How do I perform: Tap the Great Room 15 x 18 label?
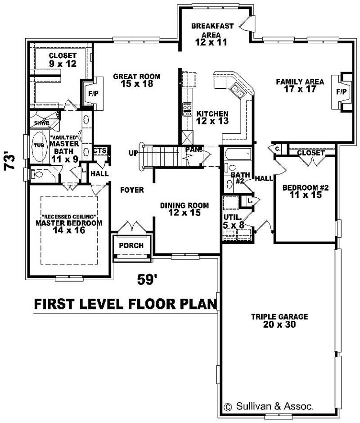coord(136,80)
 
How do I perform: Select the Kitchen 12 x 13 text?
coord(212,118)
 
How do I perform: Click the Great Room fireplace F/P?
coord(93,94)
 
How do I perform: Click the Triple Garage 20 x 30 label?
coord(279,320)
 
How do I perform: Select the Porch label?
coord(131,246)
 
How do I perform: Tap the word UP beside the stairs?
coord(134,153)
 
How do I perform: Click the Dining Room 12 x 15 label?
coord(184,209)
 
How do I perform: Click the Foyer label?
coord(132,190)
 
